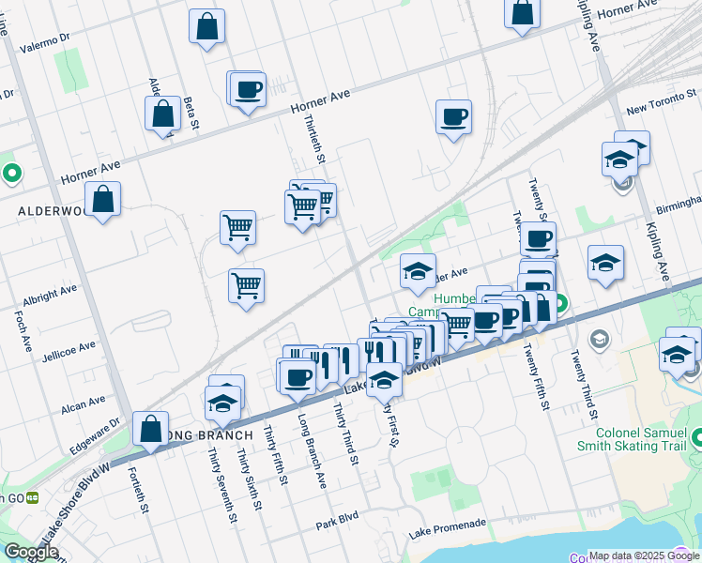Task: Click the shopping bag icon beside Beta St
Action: [x=162, y=114]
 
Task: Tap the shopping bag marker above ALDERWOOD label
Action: [x=102, y=199]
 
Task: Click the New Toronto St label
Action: [x=663, y=109]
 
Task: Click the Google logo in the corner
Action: [x=31, y=552]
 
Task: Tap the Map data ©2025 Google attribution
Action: [x=644, y=555]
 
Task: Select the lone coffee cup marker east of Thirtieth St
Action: [x=453, y=117]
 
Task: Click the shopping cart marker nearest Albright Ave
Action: [x=246, y=285]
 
